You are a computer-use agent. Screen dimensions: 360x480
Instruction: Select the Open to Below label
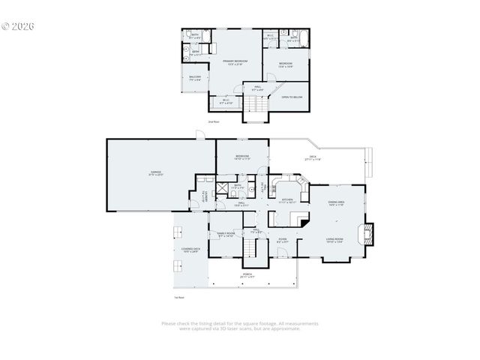tap(292, 97)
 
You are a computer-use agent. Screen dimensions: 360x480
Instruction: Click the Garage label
tap(156, 172)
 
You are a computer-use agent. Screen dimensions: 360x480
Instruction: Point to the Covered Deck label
tap(190, 250)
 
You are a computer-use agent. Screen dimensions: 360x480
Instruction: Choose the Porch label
tap(248, 275)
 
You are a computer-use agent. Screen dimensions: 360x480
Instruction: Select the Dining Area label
tap(336, 203)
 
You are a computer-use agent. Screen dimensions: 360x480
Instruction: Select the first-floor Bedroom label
tap(241, 157)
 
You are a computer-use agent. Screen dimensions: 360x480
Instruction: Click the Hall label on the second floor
tap(257, 88)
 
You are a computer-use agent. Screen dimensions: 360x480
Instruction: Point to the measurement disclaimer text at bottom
tap(240, 325)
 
